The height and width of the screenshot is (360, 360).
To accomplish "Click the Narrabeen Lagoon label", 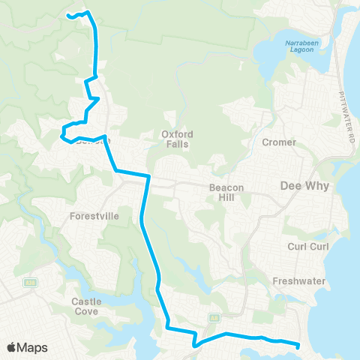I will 303,47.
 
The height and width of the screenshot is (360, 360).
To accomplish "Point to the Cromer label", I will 280,142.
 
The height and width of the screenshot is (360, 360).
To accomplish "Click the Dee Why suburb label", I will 301,184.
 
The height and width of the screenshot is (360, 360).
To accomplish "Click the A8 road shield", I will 214,317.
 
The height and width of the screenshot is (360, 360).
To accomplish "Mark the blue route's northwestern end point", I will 68,15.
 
